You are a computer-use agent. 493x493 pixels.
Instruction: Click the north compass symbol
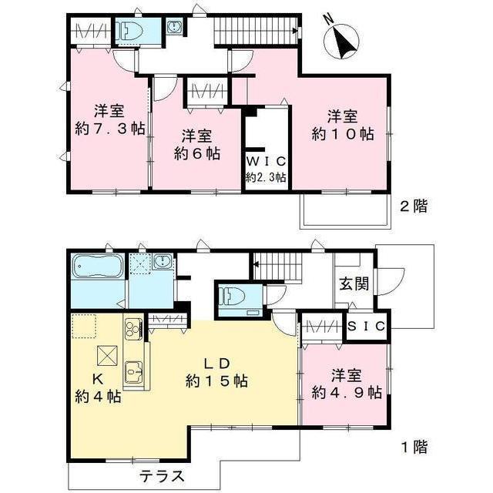coord(341,41)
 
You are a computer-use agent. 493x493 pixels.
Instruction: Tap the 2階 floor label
coord(414,206)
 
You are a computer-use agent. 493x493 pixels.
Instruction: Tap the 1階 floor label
coord(414,447)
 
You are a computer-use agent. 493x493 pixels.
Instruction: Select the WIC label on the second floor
coord(266,162)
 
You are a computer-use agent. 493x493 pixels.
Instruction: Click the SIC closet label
coord(367,327)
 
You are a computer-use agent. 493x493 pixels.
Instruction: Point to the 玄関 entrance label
coord(354,284)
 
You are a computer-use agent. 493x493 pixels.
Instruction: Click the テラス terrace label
coord(161,476)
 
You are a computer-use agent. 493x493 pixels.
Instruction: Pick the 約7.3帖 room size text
coord(109,129)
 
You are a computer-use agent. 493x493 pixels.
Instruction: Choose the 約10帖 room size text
coord(343,134)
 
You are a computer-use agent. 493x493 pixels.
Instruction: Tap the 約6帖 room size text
coord(197,154)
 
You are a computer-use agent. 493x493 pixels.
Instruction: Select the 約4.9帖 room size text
coord(347,393)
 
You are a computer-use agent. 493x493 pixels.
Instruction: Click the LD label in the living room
coord(217,364)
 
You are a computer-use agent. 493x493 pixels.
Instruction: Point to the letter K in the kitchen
coord(98,380)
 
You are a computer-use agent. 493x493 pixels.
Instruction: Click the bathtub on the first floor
coord(98,267)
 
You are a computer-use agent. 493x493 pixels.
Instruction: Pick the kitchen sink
coord(134,372)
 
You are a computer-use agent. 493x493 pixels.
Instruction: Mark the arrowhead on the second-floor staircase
coord(294,31)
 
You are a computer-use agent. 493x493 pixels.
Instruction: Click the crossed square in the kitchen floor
coord(107,356)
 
